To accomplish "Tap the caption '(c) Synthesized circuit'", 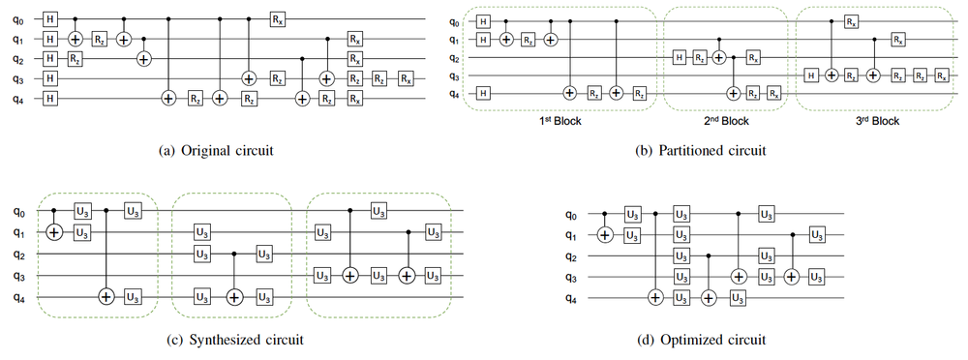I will pyautogui.click(x=233, y=340).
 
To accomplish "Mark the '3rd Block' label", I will pyautogui.click(x=877, y=121).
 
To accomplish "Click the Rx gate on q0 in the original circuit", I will pyautogui.click(x=278, y=18).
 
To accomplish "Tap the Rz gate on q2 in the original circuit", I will pyautogui.click(x=74, y=59).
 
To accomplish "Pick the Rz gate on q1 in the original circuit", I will pyautogui.click(x=99, y=39).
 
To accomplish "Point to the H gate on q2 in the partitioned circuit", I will pyautogui.click(x=679, y=58).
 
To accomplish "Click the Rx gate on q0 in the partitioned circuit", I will pyautogui.click(x=849, y=20).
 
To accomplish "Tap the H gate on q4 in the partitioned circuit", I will pyautogui.click(x=484, y=92).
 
